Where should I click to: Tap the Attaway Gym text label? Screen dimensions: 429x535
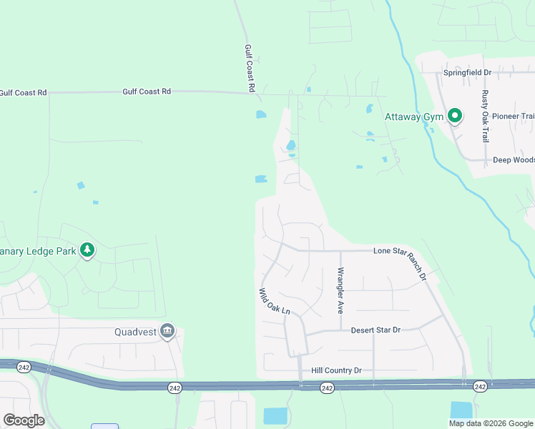pos(414,117)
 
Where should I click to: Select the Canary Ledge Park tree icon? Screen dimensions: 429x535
pos(88,250)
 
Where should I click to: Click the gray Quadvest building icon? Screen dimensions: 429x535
pos(167,331)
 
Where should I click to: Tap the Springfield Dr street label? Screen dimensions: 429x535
pos(467,73)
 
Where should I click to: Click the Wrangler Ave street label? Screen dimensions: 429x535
pos(340,290)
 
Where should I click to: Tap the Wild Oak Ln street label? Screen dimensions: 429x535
pos(275,301)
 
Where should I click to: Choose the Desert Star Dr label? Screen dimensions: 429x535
pos(376,330)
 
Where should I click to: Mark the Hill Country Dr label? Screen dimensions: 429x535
pos(337,370)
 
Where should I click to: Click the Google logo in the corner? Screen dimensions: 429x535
pos(24,420)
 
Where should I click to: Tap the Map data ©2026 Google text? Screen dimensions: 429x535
pos(491,423)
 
